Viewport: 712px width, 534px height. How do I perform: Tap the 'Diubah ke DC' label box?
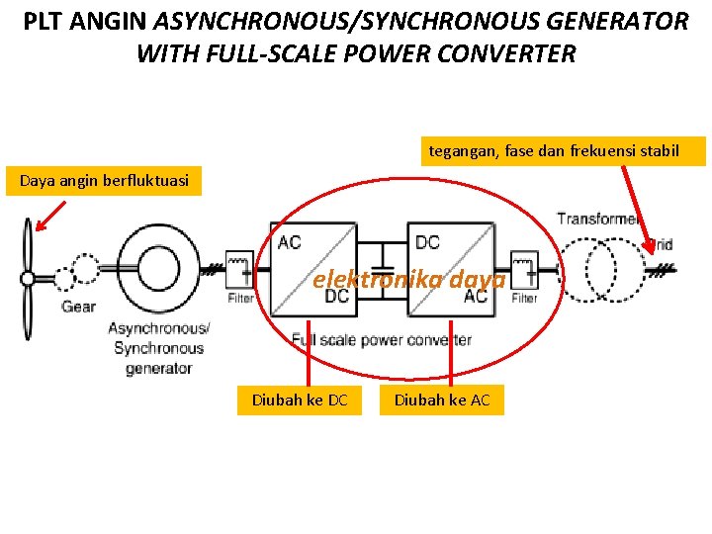300,400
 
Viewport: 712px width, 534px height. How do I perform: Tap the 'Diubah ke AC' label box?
443,400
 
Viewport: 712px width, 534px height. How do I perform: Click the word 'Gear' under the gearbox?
78,307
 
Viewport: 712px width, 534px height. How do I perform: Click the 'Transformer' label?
598,219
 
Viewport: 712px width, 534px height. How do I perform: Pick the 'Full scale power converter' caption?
381,340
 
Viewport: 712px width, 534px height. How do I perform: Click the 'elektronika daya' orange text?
408,280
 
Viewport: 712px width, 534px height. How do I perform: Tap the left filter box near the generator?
239,268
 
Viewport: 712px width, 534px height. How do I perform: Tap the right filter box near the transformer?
524,268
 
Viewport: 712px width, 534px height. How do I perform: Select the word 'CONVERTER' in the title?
508,53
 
